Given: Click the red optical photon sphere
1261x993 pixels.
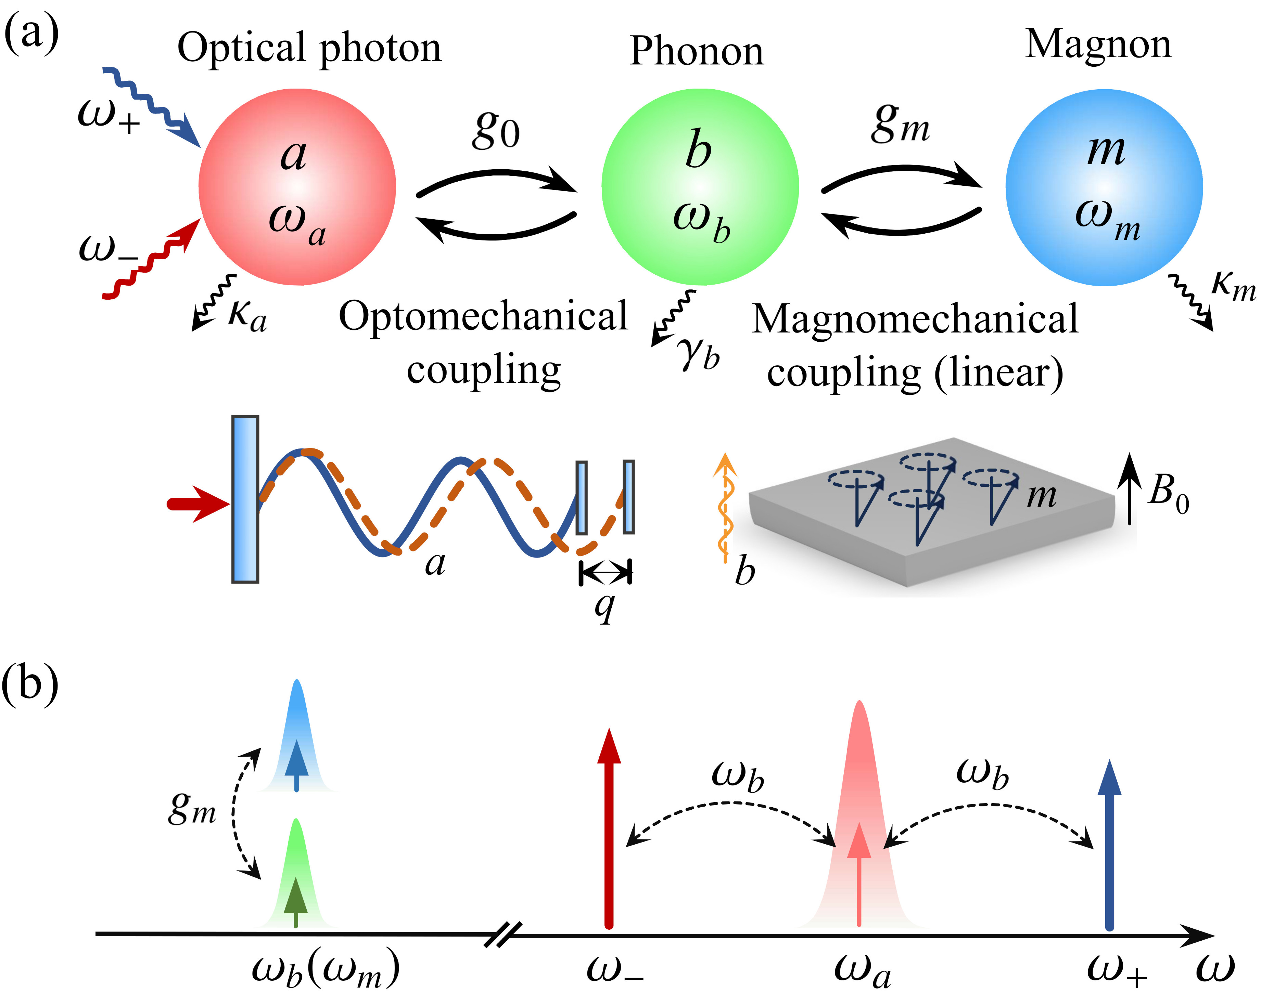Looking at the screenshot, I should [x=297, y=187].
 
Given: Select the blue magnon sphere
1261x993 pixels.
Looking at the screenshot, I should [x=1104, y=187].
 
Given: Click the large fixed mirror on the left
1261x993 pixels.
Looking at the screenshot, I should [x=245, y=499].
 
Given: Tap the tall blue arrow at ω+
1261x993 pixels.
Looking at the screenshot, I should [x=1109, y=843].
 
